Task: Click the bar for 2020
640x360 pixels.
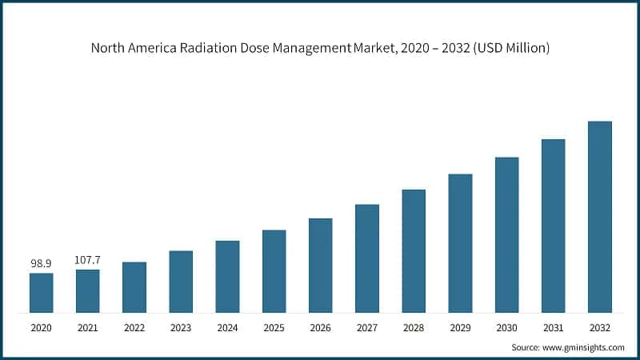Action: coord(42,293)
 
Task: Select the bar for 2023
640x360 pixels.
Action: coord(181,282)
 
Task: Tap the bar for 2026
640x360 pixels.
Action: coord(320,265)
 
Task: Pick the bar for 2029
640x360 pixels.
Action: coord(460,242)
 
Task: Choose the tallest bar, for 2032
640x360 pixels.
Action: coord(599,217)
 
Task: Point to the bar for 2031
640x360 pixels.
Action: coord(553,226)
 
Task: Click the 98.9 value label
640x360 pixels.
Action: coord(42,262)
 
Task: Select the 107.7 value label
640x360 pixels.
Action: coord(88,259)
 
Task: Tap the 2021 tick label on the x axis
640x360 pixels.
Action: coord(88,327)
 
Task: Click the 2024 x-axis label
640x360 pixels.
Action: coord(227,327)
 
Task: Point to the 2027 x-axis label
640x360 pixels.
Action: coord(367,327)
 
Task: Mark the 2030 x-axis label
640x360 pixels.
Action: coord(506,327)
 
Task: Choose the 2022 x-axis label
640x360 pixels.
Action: coord(134,327)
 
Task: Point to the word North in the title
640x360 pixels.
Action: coord(108,48)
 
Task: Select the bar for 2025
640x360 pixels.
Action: coord(274,271)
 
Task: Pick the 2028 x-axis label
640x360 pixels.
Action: coord(414,327)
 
